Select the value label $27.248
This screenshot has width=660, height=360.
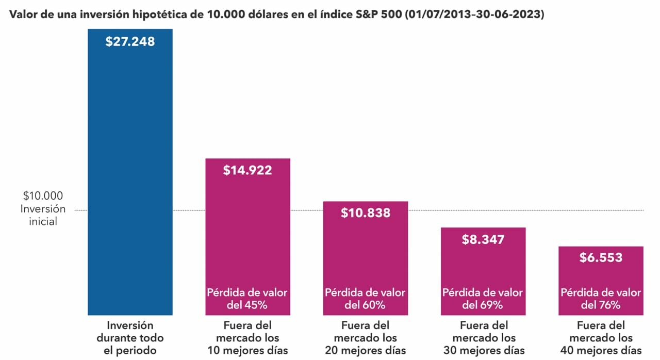coord(130,42)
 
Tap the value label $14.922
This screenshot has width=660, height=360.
coord(247,170)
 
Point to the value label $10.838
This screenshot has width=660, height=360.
coord(365,212)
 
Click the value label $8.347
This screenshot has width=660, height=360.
coord(483,239)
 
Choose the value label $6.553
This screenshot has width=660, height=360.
coord(601,258)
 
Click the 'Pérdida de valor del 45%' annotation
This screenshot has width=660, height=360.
coord(247,299)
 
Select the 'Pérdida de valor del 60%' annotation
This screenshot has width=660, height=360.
coord(365,299)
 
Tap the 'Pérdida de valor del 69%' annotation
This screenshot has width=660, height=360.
coord(483,299)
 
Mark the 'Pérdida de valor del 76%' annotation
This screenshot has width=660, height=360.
coord(601,299)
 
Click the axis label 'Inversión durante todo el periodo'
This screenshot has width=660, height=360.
coord(130,338)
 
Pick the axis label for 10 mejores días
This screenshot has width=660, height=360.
coord(247,338)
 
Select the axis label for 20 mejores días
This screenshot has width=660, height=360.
coord(365,338)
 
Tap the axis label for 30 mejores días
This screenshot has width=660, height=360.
coord(483,338)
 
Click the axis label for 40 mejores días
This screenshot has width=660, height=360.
coord(601,338)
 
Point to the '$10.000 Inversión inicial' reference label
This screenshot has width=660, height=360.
coord(43,209)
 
